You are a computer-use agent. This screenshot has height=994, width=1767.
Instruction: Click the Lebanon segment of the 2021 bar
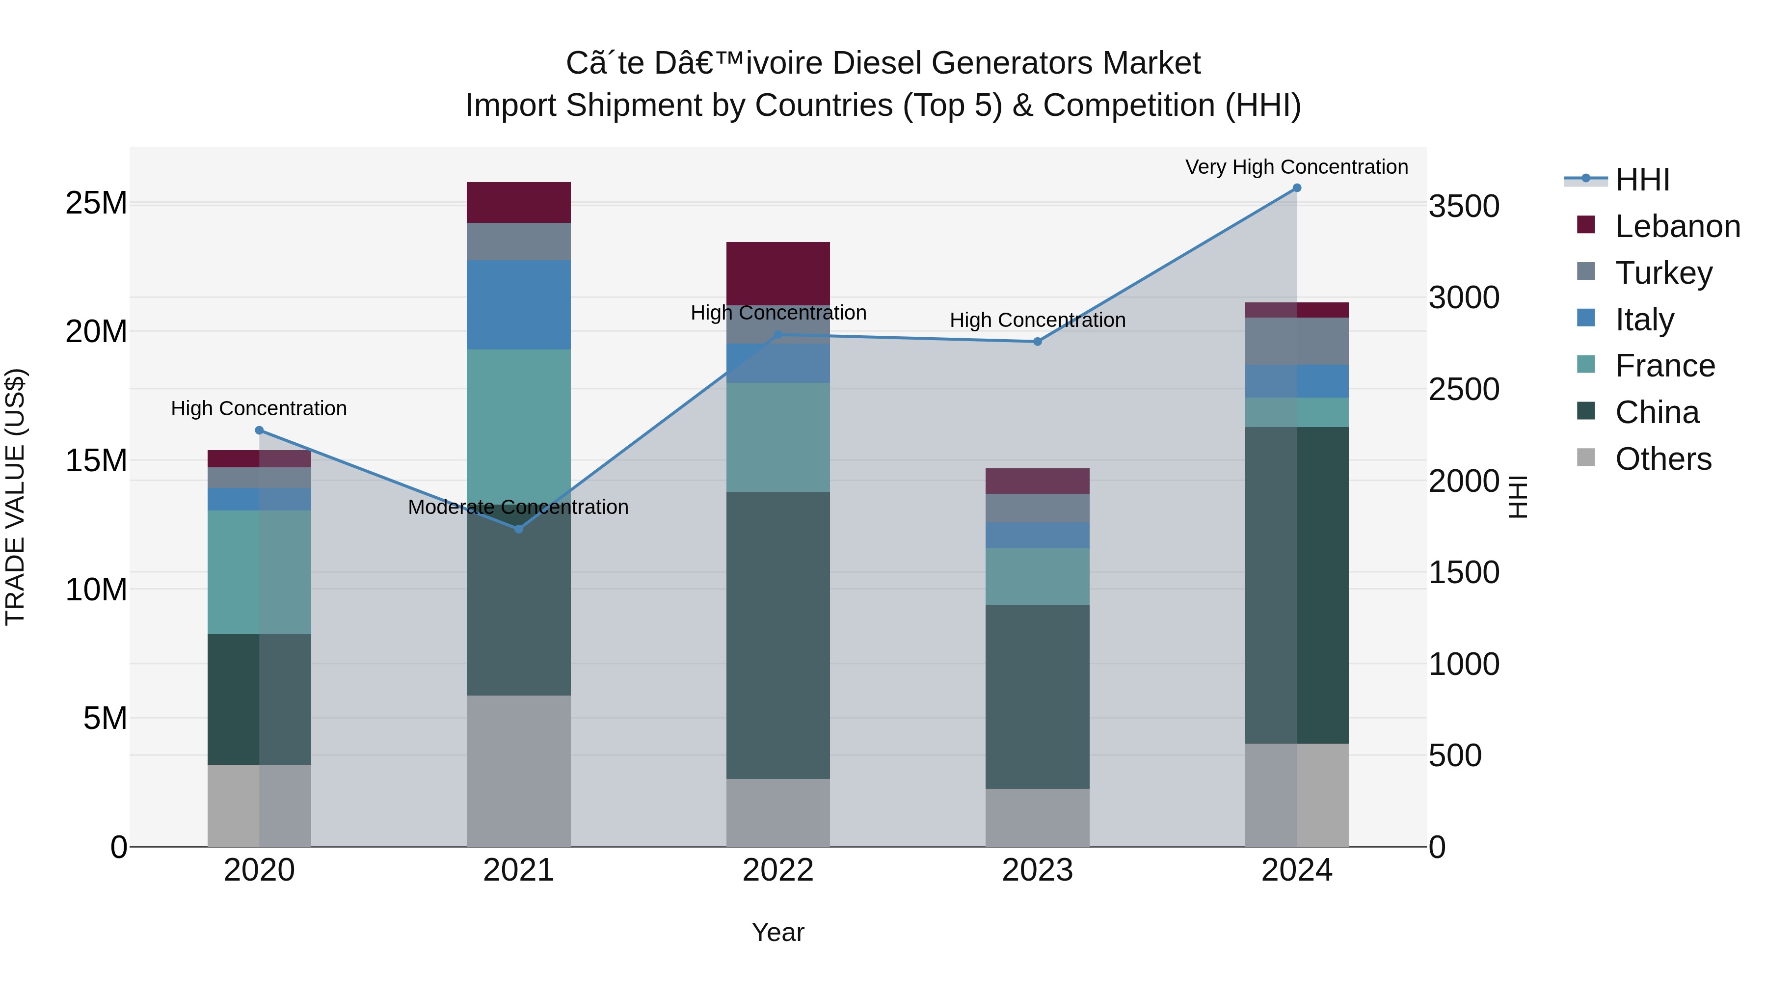(x=519, y=202)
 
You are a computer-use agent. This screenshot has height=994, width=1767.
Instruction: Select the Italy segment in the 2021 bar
(x=519, y=304)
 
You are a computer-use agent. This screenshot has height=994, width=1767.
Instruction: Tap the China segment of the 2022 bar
(x=778, y=635)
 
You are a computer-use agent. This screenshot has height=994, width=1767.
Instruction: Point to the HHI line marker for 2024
(x=1296, y=188)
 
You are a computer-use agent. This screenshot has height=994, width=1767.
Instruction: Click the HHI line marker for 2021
(x=519, y=529)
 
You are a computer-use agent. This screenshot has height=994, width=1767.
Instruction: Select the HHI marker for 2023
(x=1037, y=342)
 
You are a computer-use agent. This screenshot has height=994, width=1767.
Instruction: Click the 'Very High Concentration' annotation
(x=1296, y=167)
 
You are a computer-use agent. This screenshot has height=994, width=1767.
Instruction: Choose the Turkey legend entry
(x=1663, y=272)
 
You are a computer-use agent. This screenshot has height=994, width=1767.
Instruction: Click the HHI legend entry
(x=1641, y=180)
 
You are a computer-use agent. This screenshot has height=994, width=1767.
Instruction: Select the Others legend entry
(x=1663, y=459)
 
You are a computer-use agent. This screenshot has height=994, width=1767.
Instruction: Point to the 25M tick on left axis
(x=96, y=203)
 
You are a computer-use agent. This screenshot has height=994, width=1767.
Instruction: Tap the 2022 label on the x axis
(x=778, y=870)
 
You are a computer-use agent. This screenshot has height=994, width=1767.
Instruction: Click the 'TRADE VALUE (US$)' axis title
(x=15, y=497)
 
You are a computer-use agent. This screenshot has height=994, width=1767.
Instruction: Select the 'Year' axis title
(x=778, y=932)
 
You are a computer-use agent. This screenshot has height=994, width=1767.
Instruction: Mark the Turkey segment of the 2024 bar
(x=1296, y=341)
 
